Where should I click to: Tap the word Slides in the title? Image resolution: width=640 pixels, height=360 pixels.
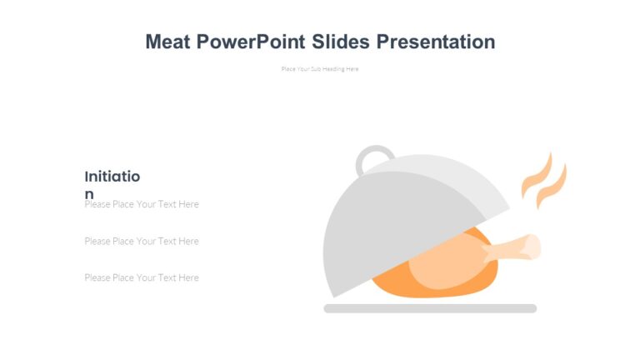(341, 42)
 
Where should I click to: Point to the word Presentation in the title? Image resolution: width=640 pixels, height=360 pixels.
(435, 42)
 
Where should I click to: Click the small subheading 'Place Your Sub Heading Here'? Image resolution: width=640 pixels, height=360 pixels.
(320, 69)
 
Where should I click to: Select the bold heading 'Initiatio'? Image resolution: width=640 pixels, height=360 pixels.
(112, 177)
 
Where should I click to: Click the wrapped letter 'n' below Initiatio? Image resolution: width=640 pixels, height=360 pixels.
(89, 194)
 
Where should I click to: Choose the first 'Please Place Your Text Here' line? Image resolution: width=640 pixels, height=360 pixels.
(142, 204)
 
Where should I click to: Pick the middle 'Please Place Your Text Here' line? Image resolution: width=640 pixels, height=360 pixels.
(142, 241)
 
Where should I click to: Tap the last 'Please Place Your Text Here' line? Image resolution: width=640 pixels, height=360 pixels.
(142, 277)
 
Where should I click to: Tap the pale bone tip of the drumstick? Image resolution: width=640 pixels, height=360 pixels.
(531, 245)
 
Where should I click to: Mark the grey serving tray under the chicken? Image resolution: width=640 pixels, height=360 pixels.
(430, 308)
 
